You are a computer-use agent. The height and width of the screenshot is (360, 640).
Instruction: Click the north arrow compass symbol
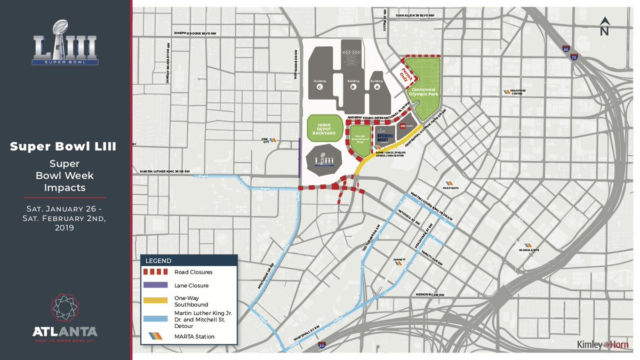[x=604, y=26]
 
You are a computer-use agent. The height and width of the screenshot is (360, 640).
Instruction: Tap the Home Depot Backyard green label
[x=324, y=129]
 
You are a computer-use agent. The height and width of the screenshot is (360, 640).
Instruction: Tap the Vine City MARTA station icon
[x=272, y=140]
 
